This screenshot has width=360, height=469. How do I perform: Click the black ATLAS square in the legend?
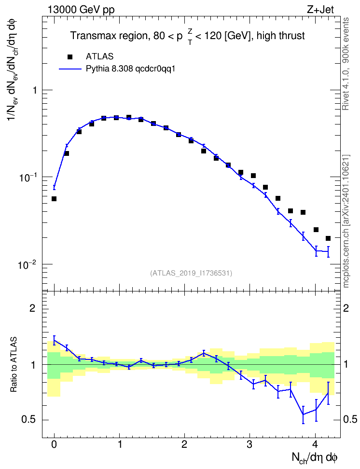coord(70,56)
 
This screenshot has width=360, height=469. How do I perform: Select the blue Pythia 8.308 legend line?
coord(70,69)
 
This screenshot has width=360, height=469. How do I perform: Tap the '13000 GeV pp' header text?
coord(81,10)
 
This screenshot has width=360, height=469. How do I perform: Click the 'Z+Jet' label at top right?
coord(320,10)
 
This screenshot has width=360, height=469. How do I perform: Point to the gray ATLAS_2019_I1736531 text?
coord(191,273)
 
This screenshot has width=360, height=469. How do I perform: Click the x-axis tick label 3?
coord(249,444)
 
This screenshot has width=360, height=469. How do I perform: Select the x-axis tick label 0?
coord(54,444)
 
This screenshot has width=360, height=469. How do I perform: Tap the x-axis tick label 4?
coord(315,444)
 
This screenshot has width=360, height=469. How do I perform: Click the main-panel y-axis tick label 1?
coord(35,90)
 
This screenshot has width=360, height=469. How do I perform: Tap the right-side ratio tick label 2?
coord(346,308)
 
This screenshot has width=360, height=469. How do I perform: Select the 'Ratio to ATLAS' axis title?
coord(14,365)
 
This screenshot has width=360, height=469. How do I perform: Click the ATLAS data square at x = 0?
coord(54,199)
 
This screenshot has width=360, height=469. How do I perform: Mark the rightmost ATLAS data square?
coord(328,238)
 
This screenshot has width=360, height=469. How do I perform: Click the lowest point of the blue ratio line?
coord(304,414)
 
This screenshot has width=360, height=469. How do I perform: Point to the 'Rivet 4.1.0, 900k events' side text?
coord(346,64)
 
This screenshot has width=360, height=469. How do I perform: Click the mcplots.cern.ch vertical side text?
coord(346,221)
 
